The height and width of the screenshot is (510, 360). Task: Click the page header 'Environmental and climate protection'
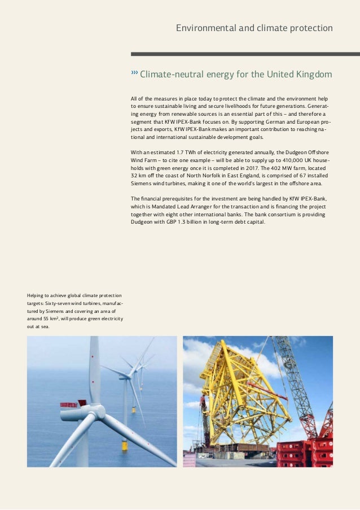pos(254,28)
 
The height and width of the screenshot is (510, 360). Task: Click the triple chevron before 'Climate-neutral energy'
pos(134,73)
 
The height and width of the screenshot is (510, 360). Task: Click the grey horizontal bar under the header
pos(245,54)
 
